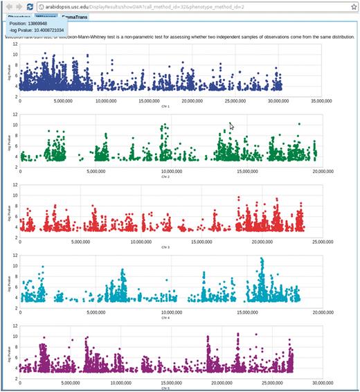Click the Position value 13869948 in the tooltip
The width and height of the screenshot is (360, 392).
point(48,24)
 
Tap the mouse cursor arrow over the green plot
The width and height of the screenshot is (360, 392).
point(231,126)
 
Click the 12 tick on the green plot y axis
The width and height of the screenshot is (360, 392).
point(15,113)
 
